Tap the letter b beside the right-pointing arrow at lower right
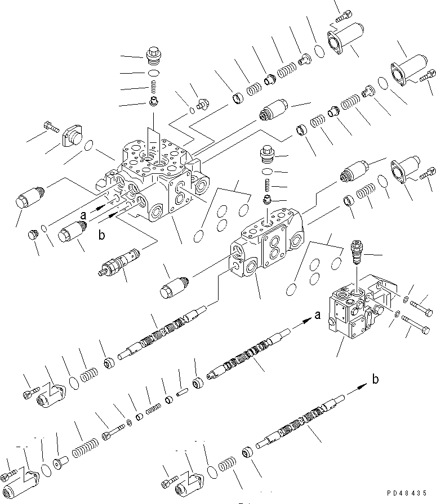(x=375, y=380)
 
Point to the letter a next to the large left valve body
(x=83, y=214)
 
